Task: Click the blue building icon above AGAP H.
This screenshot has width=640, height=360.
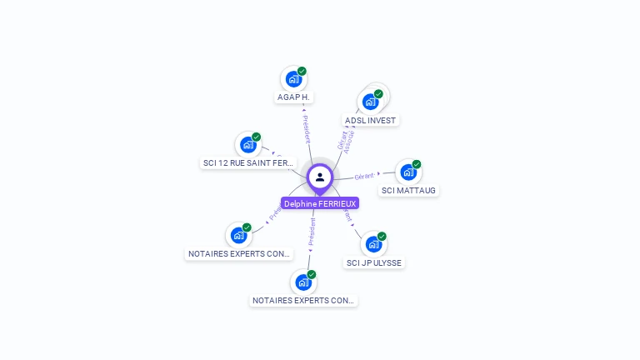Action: click(292, 79)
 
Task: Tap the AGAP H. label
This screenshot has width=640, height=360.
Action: click(292, 97)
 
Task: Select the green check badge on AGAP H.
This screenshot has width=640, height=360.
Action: click(302, 72)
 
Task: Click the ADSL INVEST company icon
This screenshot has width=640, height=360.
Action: click(370, 102)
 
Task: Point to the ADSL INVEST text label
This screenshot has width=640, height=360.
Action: click(370, 120)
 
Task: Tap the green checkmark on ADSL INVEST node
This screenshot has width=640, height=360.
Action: click(378, 94)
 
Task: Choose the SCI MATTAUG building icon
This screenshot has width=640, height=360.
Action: click(407, 172)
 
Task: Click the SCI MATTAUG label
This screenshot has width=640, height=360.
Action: click(408, 190)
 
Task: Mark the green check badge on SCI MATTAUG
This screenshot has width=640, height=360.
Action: click(417, 164)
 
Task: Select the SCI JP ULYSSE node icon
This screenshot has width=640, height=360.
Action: click(372, 243)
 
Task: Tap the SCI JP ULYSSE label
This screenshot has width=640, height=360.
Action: click(373, 262)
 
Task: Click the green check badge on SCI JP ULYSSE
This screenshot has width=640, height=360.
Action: click(382, 237)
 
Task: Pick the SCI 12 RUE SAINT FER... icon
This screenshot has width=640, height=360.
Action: click(247, 144)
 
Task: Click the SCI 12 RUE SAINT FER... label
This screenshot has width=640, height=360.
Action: click(248, 162)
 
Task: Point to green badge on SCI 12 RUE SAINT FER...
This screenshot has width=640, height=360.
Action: click(257, 137)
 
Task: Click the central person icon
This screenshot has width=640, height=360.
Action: click(320, 177)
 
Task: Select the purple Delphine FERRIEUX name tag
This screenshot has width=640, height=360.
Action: click(320, 203)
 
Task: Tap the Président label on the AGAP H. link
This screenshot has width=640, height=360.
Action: click(307, 129)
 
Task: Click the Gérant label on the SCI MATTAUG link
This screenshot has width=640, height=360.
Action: click(364, 176)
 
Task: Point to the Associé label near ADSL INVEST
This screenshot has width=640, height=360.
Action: click(349, 142)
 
